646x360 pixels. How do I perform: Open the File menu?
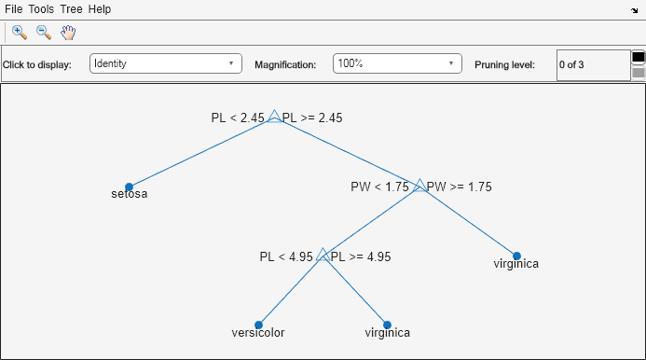(14, 8)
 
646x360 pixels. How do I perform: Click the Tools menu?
(41, 8)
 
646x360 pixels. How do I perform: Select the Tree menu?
(71, 8)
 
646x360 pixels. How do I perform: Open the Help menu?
(100, 8)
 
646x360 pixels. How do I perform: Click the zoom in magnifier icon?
(19, 32)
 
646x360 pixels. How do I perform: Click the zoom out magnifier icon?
(43, 32)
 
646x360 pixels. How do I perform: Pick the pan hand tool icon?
(68, 32)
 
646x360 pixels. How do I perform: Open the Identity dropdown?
(166, 64)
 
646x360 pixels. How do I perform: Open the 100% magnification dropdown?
(398, 64)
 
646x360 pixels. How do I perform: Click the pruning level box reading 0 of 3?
(593, 65)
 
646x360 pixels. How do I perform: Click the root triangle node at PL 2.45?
(274, 118)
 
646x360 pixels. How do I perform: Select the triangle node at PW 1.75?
(419, 186)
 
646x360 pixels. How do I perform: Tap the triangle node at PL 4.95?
(323, 255)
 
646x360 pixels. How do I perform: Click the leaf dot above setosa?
(130, 187)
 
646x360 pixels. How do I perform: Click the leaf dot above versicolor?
(258, 325)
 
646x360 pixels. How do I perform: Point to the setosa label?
(130, 195)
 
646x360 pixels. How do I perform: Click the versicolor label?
(258, 332)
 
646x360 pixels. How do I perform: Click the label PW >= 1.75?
(460, 187)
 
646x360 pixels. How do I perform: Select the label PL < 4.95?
(287, 256)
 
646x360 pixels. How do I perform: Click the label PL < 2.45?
(238, 118)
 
